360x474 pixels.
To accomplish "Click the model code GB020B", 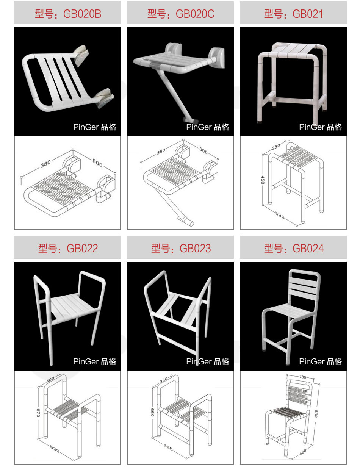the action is pyautogui.click(x=82, y=14).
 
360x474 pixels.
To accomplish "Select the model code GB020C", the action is pyautogui.click(x=195, y=14).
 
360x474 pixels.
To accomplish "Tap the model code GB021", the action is pyautogui.click(x=308, y=14).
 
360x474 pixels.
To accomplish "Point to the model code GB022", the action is pyautogui.click(x=82, y=248).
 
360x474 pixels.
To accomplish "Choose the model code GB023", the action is pyautogui.click(x=195, y=248).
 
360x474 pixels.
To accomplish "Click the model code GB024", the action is pyautogui.click(x=308, y=248).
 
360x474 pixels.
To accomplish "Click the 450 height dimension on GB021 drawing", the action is pyautogui.click(x=263, y=180).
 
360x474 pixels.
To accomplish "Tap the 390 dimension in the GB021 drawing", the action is pyautogui.click(x=280, y=215).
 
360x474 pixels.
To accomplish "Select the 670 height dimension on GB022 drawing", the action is pyautogui.click(x=38, y=413).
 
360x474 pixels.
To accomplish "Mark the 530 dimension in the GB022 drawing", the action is pyautogui.click(x=55, y=449).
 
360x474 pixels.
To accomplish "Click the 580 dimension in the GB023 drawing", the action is pyautogui.click(x=168, y=447).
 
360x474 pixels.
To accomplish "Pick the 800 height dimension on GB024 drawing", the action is pyautogui.click(x=316, y=413).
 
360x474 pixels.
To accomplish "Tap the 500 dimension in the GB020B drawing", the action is pyautogui.click(x=97, y=163).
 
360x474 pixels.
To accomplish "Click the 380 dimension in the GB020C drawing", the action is pyautogui.click(x=161, y=152).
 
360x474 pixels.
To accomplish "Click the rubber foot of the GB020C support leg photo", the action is pyautogui.click(x=191, y=120).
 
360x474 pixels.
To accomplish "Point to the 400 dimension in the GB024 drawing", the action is pyautogui.click(x=303, y=452).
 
